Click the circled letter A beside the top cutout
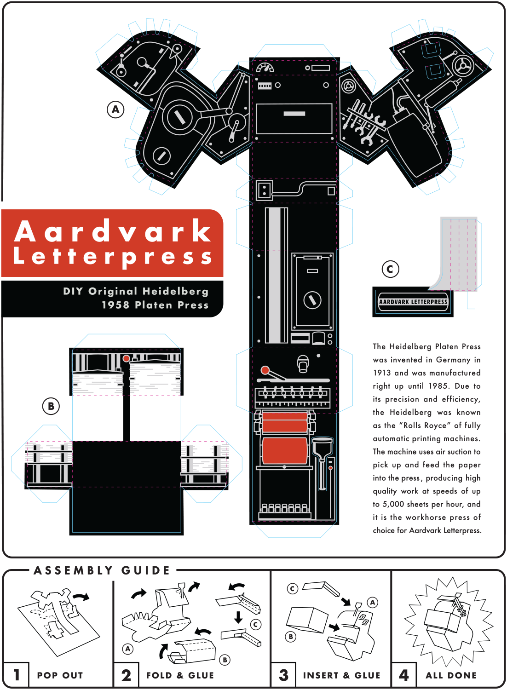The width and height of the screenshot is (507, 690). [x=115, y=109]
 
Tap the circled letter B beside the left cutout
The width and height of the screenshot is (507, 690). [x=51, y=406]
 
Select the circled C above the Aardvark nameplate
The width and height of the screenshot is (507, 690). [x=390, y=269]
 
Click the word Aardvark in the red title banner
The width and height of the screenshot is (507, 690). [x=113, y=231]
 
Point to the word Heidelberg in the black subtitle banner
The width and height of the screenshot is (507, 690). [x=175, y=291]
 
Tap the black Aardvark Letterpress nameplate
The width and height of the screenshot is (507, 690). [x=413, y=302]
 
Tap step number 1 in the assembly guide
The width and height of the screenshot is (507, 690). [x=17, y=675]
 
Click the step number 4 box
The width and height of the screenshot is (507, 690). [x=404, y=675]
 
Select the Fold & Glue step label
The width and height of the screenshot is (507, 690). [x=180, y=675]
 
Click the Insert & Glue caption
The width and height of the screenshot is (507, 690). [x=341, y=675]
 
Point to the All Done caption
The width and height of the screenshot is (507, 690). [x=451, y=675]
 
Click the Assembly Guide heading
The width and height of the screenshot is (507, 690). [x=102, y=570]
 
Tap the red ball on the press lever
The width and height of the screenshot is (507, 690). [x=265, y=370]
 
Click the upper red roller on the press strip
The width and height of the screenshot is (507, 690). [x=285, y=422]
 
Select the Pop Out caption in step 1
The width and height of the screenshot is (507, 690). [x=60, y=675]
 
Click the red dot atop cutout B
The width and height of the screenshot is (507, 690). [x=126, y=358]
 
